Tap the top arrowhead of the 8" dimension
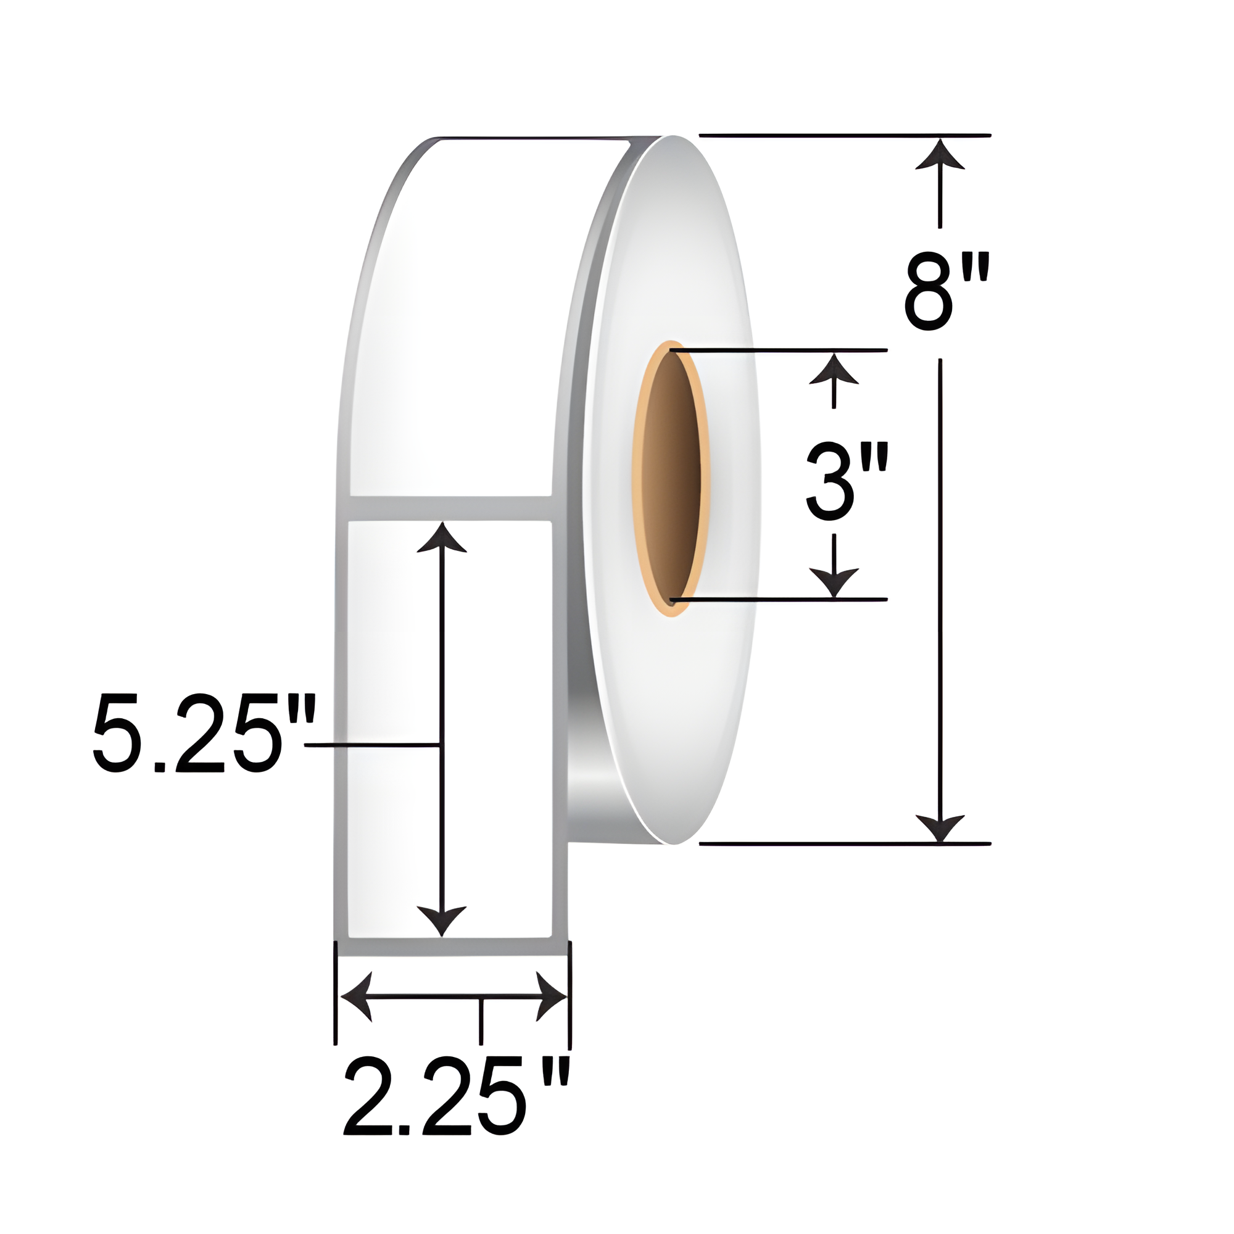(940, 157)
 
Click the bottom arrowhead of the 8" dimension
(940, 828)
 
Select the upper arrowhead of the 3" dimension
(834, 371)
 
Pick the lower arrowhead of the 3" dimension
(834, 581)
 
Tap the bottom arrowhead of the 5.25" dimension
(441, 920)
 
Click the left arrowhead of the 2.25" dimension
(357, 996)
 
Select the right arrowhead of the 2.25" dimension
(550, 996)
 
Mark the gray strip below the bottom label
(451, 947)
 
